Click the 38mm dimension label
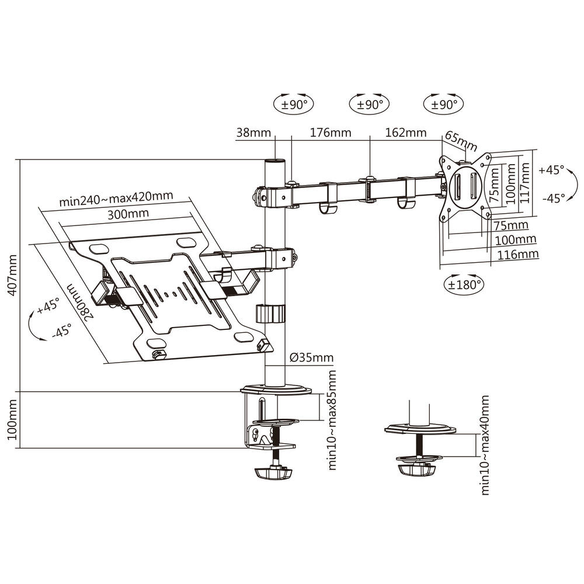tap(253, 133)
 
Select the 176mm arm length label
tap(331, 133)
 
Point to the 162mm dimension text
tap(406, 133)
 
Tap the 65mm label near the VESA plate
tap(461, 141)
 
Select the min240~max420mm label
tap(116, 199)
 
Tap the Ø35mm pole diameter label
tap(311, 357)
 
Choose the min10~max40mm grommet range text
tap(484, 445)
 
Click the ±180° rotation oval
tap(465, 284)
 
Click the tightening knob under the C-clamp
tap(272, 471)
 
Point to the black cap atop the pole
tap(274, 161)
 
